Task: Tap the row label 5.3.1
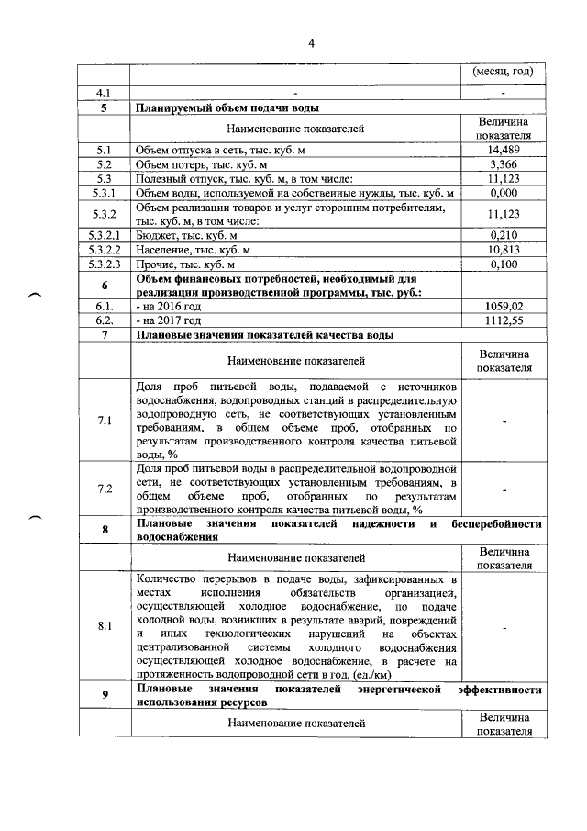[x=104, y=194]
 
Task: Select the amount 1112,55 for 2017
[x=504, y=320]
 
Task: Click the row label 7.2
[x=104, y=488]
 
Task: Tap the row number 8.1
[x=104, y=627]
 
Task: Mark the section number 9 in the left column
[x=105, y=695]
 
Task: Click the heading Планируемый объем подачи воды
[x=208, y=107]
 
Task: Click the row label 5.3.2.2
[x=104, y=251]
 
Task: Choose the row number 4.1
[x=104, y=93]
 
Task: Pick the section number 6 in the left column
[x=105, y=286]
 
